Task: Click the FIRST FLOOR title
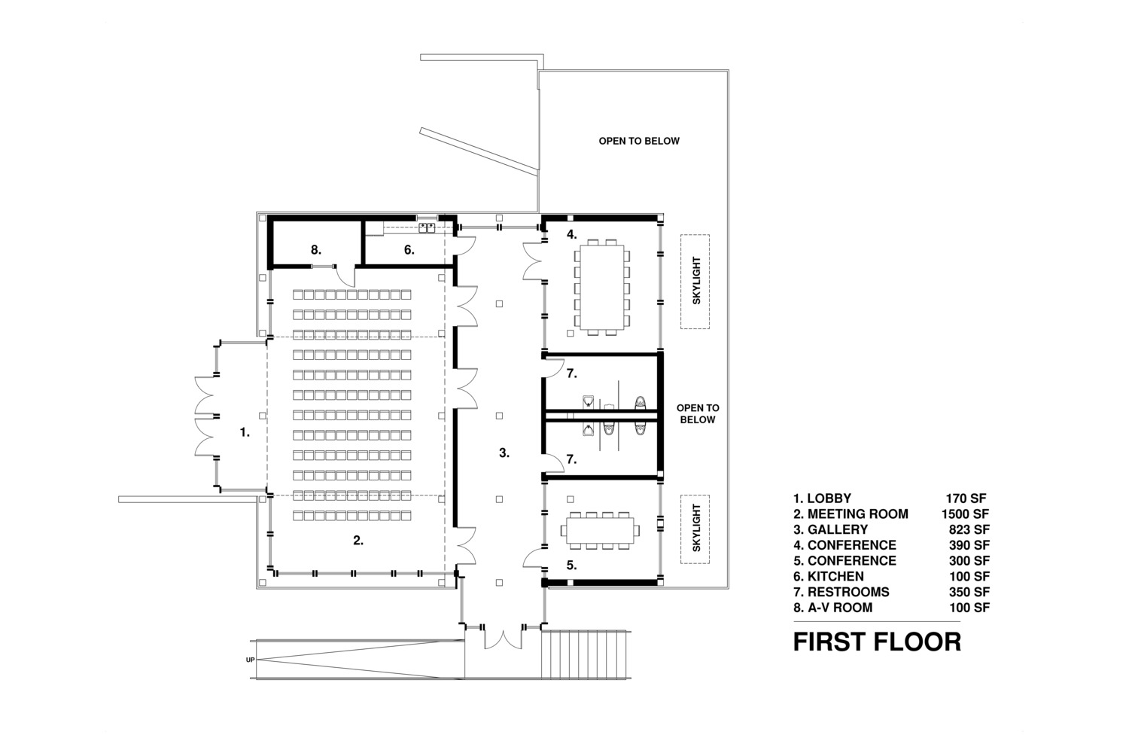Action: click(877, 642)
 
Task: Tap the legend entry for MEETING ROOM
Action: click(851, 514)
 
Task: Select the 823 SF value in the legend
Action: click(969, 529)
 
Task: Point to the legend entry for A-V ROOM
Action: click(833, 608)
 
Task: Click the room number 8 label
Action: click(316, 250)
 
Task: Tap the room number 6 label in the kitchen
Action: click(409, 250)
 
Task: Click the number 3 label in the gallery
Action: click(504, 453)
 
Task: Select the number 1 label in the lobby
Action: click(245, 432)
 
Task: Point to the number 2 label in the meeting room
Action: click(358, 541)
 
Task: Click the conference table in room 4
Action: click(602, 287)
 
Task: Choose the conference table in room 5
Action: click(600, 531)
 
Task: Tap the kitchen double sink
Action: click(427, 228)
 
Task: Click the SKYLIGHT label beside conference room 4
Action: click(696, 281)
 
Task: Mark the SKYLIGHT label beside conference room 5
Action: click(696, 528)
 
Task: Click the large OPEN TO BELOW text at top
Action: click(639, 142)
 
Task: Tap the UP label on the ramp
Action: click(251, 660)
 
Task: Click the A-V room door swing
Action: click(345, 276)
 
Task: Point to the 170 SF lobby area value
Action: click(966, 498)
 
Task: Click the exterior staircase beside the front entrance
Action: click(586, 654)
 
